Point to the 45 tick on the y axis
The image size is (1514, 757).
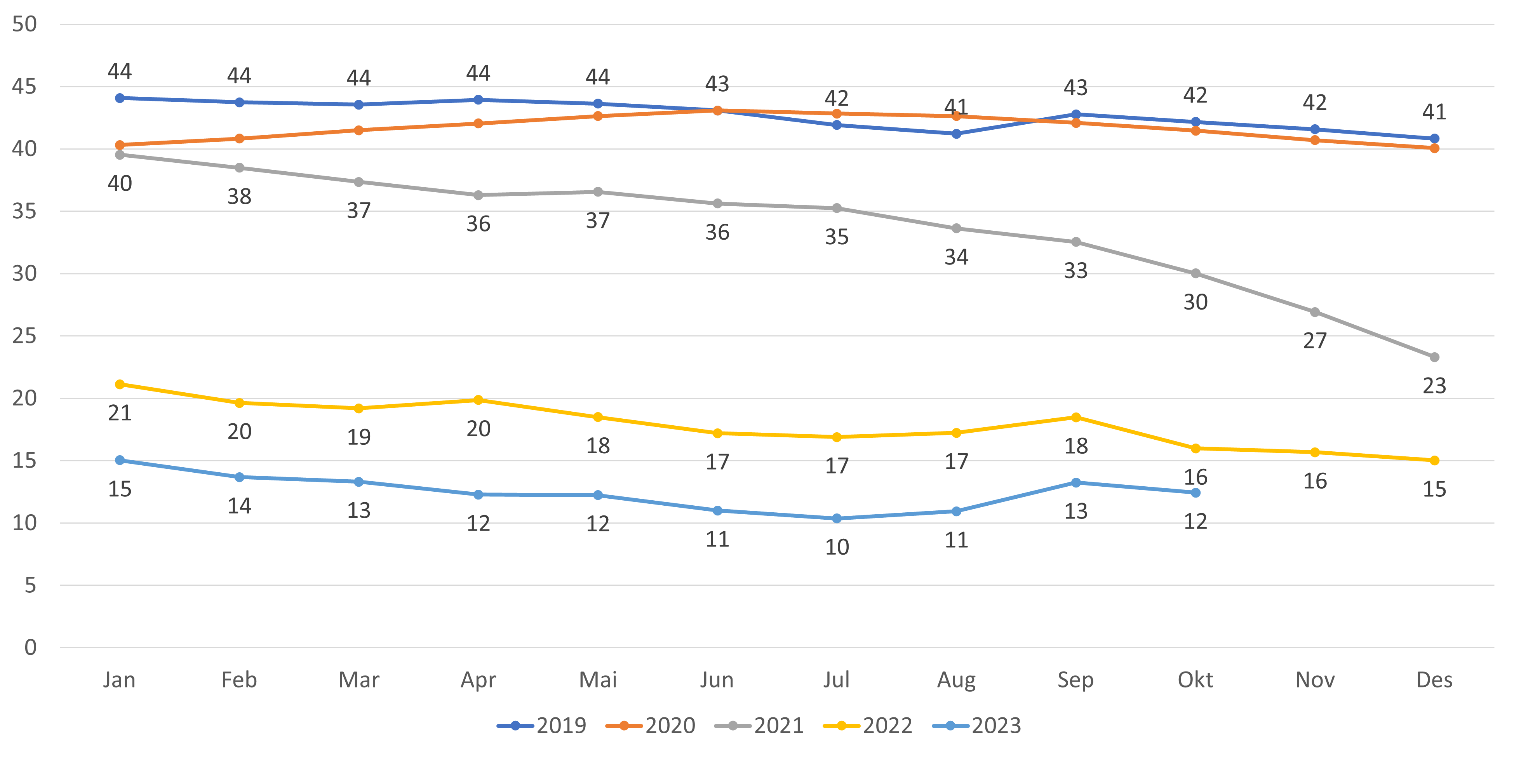(24, 86)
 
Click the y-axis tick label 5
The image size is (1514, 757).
(30, 585)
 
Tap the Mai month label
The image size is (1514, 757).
(598, 680)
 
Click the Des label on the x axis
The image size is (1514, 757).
(1434, 680)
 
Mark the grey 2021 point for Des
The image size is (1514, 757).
(1434, 357)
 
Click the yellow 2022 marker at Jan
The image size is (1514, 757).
(120, 385)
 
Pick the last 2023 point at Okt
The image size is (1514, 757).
(1196, 492)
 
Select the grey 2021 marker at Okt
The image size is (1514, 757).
(1196, 273)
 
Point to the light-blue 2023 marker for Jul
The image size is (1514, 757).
(837, 519)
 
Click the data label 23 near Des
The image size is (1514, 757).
(1434, 386)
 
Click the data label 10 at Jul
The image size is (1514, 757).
(837, 548)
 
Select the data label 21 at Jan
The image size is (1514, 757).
(120, 413)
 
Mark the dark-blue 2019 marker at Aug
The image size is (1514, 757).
(956, 134)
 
